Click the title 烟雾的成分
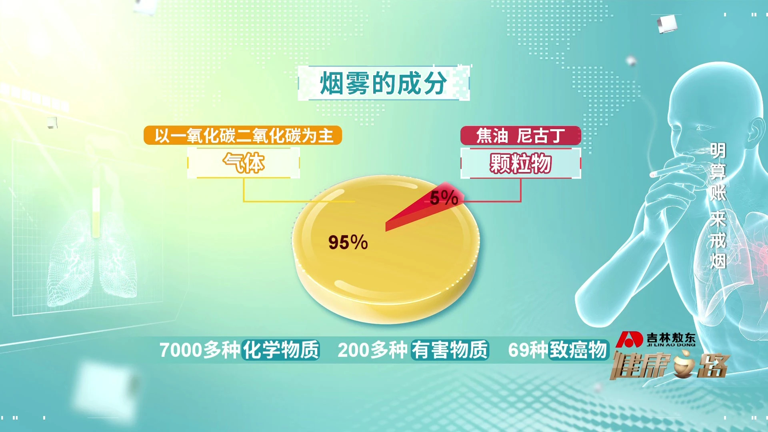point(383,83)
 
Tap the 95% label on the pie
point(348,242)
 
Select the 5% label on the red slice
point(444,198)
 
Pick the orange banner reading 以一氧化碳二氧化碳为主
point(243,135)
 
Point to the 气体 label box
point(244,163)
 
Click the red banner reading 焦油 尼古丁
point(520,136)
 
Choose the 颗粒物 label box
point(520,163)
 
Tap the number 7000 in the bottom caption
point(180,350)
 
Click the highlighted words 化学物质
point(281,350)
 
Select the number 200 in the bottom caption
point(354,350)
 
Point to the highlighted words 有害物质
point(450,350)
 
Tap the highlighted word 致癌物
point(578,350)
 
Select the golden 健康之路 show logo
point(669,365)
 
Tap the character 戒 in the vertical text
point(718,240)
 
